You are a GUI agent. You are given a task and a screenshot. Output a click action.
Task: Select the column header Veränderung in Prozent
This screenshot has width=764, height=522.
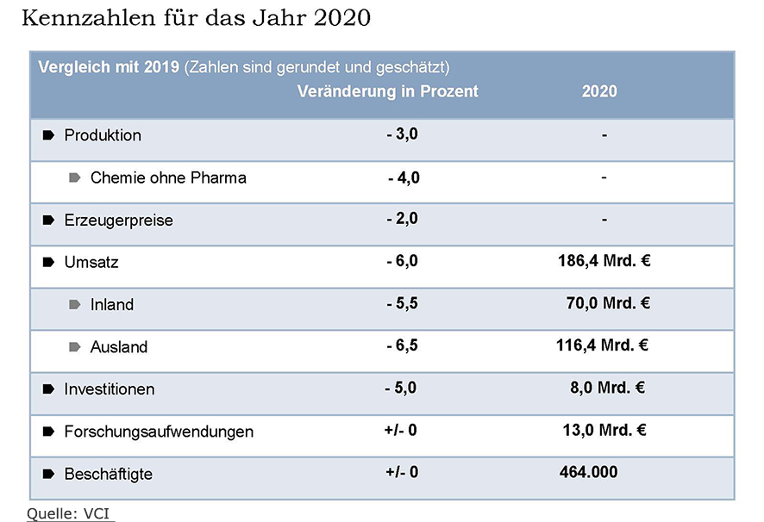[387, 91]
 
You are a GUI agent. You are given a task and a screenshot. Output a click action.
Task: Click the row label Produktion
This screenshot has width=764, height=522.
[103, 135]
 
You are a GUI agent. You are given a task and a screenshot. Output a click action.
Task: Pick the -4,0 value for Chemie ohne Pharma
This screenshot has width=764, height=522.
[404, 177]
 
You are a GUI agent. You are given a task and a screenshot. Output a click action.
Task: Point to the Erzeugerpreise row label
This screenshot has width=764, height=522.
[118, 221]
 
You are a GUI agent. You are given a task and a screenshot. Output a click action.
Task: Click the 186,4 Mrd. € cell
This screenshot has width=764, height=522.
[604, 261]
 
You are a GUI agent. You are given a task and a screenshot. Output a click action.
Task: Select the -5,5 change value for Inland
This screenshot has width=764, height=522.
[402, 303]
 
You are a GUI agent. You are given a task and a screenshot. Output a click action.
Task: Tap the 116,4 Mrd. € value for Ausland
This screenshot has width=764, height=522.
[603, 345]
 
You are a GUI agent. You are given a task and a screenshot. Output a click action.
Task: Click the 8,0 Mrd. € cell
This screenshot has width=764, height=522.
[607, 388]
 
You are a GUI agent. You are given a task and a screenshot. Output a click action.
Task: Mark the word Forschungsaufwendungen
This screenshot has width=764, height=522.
[159, 432]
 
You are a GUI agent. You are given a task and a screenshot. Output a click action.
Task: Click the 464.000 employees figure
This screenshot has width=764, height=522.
[589, 472]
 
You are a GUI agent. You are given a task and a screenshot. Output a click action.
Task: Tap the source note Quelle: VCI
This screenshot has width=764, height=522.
[70, 513]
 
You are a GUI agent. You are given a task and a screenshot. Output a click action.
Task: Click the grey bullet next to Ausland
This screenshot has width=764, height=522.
[75, 347]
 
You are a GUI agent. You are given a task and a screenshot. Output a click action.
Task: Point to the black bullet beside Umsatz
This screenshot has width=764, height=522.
[48, 263]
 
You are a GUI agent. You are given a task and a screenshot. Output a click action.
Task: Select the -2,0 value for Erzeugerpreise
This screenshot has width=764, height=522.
[402, 219]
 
